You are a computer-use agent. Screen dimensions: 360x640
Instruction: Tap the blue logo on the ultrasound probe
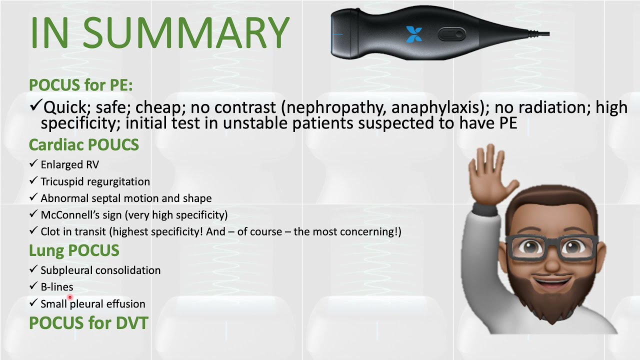[414, 34]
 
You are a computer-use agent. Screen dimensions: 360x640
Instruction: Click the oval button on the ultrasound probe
[451, 34]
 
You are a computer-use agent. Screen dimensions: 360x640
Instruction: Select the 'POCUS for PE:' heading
[80, 85]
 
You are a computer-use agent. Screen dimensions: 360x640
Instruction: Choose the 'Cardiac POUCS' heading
[83, 145]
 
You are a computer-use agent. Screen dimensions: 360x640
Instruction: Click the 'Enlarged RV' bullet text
[69, 164]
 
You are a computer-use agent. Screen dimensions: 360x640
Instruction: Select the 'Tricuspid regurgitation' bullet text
[95, 181]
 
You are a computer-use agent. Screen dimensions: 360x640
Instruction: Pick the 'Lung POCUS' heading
[74, 250]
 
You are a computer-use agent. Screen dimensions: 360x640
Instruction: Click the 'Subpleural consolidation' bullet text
[100, 270]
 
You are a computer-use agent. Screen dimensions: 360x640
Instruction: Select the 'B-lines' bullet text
[56, 287]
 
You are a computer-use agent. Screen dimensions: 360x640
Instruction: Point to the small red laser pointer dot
[70, 297]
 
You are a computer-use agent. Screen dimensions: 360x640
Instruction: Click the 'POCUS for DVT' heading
[88, 323]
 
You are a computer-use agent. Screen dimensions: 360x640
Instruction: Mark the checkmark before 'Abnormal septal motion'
[33, 198]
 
